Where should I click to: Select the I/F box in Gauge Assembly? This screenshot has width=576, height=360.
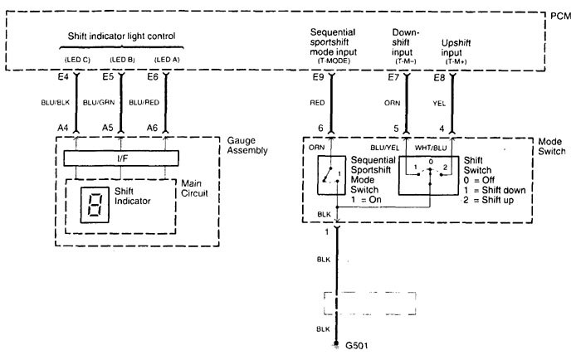(122, 158)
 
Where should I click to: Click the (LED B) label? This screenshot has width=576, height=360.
(122, 60)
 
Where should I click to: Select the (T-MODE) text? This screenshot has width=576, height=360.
(330, 60)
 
